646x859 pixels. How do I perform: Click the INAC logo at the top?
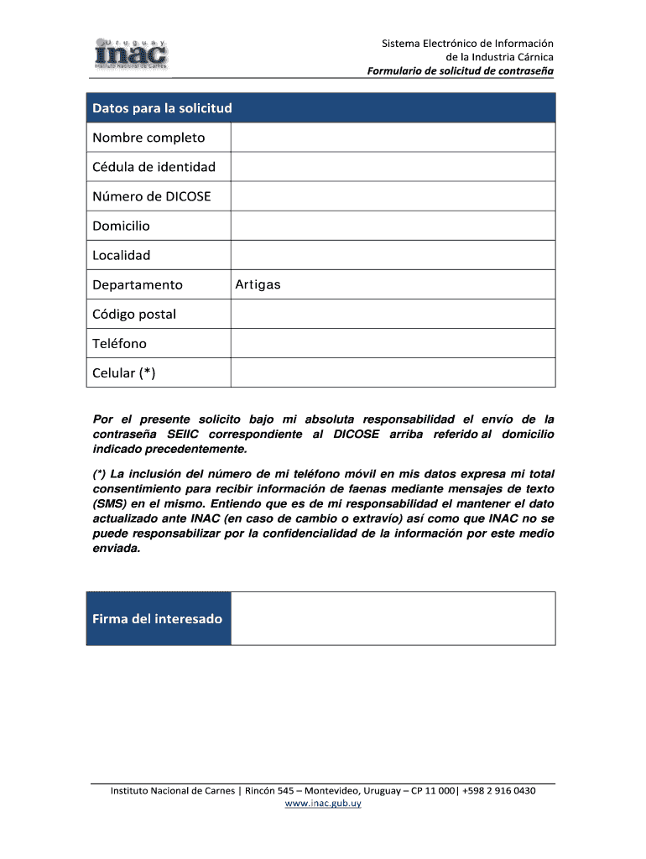click(x=131, y=54)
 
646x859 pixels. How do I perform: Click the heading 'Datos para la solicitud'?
click(x=162, y=108)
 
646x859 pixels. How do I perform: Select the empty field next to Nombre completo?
click(x=393, y=138)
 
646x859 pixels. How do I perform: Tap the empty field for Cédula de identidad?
click(x=393, y=167)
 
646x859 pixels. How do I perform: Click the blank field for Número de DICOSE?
click(x=393, y=196)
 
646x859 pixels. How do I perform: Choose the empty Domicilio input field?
click(x=393, y=226)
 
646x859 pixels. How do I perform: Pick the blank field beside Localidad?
click(x=393, y=255)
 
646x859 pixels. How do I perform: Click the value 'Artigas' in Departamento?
click(x=258, y=284)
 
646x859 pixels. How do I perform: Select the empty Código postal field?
click(x=393, y=315)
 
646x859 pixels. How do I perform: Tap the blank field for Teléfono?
click(x=393, y=344)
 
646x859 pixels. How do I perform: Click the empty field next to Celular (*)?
click(x=393, y=373)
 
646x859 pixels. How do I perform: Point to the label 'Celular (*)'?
click(x=124, y=373)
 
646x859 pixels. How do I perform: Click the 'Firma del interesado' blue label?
click(x=158, y=619)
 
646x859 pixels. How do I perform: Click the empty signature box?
click(x=393, y=619)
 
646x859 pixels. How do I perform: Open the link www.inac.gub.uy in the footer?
click(x=323, y=804)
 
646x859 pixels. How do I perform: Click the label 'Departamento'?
click(x=138, y=284)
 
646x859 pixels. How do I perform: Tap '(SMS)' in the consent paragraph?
click(x=108, y=502)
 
